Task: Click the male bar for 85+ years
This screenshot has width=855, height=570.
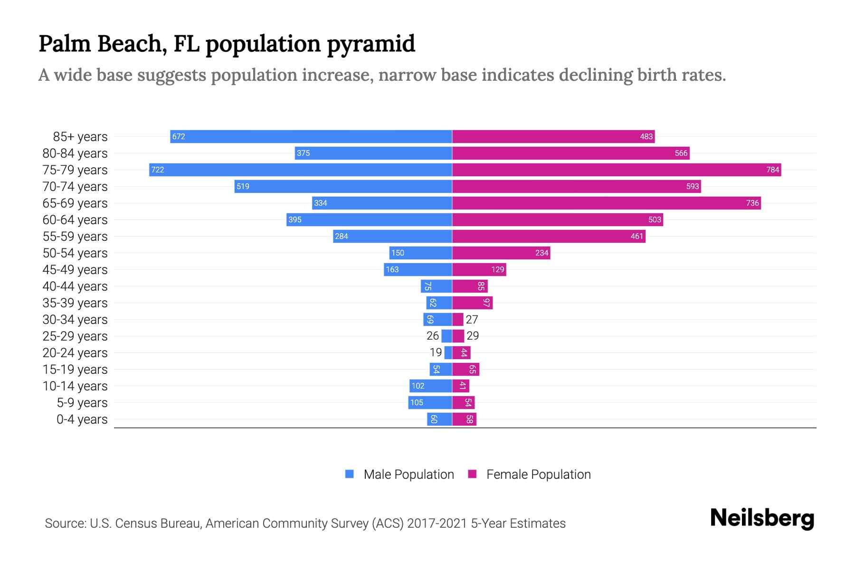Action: (311, 137)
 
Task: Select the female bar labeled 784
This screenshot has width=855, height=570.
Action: (617, 170)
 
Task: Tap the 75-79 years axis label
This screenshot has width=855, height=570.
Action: (75, 170)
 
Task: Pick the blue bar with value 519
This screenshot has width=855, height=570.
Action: (343, 187)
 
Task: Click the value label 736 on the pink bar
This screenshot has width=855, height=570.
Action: (752, 203)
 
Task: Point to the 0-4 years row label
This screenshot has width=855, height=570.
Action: (82, 419)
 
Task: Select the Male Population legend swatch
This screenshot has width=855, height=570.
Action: (350, 474)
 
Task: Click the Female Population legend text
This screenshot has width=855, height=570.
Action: (538, 475)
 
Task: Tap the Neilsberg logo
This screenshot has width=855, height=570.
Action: (762, 518)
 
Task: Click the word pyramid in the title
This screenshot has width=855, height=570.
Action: (370, 44)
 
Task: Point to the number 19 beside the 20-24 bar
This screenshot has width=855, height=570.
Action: (436, 352)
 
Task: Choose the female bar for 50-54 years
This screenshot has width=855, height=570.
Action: (501, 253)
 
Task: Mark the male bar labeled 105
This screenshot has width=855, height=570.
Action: (430, 403)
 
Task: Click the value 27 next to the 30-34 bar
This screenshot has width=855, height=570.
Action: (472, 320)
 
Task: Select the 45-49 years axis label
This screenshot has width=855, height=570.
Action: (75, 270)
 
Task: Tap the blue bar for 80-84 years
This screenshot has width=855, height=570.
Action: (373, 153)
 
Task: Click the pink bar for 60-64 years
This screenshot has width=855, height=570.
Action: (557, 220)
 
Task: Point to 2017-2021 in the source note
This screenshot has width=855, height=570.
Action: (437, 523)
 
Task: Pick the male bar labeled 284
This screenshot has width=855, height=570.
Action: (392, 237)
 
